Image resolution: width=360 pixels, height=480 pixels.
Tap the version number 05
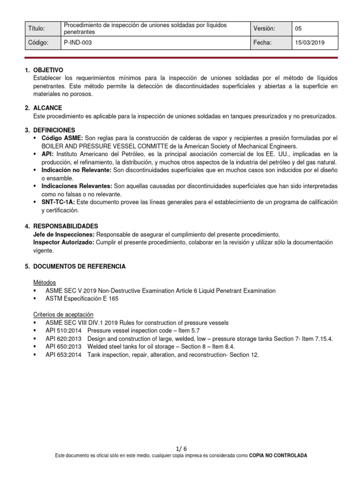pos(299,29)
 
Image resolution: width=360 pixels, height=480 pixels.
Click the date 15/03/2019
pos(309,43)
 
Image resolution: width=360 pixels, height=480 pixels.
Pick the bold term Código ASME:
pos(62,138)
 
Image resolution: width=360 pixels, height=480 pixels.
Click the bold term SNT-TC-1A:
pos(58,202)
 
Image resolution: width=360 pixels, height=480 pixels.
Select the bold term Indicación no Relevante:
pos(77,170)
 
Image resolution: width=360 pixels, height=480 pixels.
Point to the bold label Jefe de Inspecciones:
pos(64,234)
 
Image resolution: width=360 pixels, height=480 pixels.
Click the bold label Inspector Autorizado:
pos(63,242)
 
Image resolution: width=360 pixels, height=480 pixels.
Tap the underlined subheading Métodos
pos(45,283)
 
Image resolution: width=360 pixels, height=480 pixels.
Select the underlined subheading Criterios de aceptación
pos(63,315)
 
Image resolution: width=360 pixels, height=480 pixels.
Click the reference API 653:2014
pos(63,355)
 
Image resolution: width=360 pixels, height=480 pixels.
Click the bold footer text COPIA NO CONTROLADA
pos(278,456)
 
